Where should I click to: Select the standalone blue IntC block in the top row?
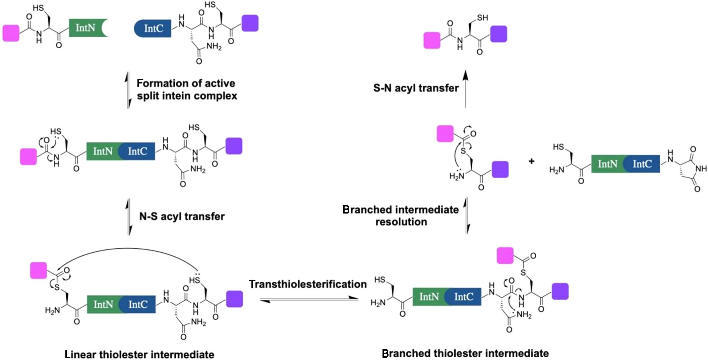[x=153, y=28]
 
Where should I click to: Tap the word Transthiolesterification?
[x=308, y=284]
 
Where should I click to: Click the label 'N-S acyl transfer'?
[x=182, y=217]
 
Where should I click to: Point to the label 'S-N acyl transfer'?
[x=416, y=88]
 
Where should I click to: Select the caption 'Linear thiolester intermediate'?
[x=139, y=354]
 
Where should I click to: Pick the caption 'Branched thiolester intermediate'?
[x=465, y=353]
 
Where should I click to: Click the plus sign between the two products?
[x=531, y=162]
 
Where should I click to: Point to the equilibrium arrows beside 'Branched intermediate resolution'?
[x=467, y=216]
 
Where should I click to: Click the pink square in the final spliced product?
[x=432, y=41]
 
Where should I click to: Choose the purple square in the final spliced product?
[x=498, y=34]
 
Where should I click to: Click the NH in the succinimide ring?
[x=701, y=169]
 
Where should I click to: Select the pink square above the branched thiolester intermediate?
[x=505, y=256]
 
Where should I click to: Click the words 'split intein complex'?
[x=187, y=96]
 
